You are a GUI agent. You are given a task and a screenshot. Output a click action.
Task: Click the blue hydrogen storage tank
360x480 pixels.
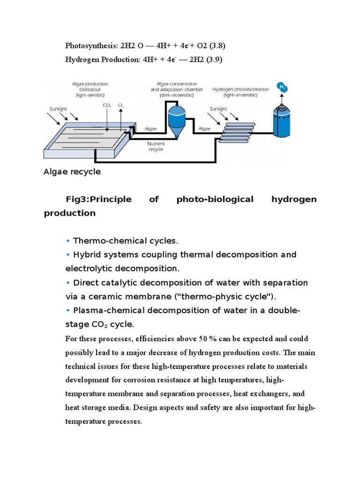[282, 122]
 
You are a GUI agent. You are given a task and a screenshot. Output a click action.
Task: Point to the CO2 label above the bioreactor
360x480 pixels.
[106, 105]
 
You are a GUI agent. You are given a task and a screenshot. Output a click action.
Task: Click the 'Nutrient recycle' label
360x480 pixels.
[155, 147]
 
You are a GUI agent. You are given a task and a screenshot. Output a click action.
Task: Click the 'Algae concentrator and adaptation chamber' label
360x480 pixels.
[177, 89]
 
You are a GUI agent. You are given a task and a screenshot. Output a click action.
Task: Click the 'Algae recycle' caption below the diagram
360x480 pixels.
[72, 172]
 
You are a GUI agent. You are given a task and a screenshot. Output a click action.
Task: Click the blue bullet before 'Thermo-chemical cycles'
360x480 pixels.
[68, 241]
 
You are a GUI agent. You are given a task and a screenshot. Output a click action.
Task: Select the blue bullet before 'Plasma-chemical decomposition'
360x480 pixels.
[68, 310]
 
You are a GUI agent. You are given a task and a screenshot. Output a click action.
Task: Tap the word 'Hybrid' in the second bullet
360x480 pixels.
[86, 255]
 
